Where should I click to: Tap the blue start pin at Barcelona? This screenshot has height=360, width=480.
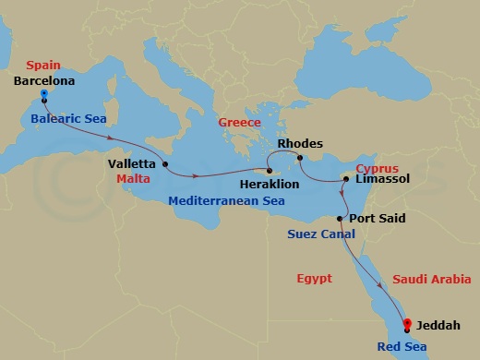[x=43, y=94]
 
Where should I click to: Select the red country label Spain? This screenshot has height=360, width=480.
[x=42, y=66]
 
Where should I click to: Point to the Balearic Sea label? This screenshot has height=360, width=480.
[x=68, y=119]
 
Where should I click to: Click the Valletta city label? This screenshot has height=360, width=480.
[x=132, y=164]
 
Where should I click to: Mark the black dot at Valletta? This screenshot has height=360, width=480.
[x=165, y=165]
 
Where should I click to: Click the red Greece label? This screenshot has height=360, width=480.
[x=239, y=123]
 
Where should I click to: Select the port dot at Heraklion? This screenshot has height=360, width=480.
[x=270, y=171]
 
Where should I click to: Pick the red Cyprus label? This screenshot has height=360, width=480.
[x=377, y=170]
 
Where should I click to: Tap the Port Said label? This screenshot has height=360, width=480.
[x=378, y=219]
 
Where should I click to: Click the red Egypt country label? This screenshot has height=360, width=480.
[x=314, y=278]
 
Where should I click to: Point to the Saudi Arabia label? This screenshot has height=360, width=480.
[x=431, y=279]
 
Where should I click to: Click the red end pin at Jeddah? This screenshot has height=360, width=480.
[x=407, y=325]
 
